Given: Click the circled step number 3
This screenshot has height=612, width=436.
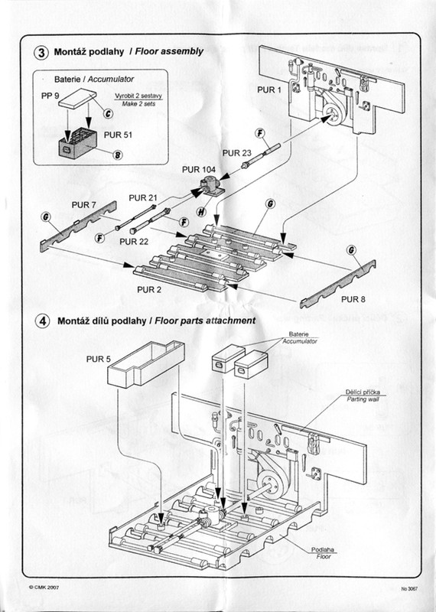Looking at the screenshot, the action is [x=41, y=52].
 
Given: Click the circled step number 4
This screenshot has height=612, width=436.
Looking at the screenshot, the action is [x=43, y=321].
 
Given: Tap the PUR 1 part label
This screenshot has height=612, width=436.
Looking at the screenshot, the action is [x=269, y=90].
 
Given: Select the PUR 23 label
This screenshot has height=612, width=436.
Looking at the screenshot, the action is [x=236, y=153].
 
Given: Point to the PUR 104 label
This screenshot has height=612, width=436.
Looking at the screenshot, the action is [x=198, y=170].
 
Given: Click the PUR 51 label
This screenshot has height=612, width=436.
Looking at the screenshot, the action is [x=118, y=135].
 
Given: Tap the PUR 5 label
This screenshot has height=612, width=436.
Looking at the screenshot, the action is [x=99, y=359].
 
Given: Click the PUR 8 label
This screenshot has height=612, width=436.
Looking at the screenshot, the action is [x=353, y=299].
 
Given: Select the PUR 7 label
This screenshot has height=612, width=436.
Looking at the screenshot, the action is [x=83, y=205].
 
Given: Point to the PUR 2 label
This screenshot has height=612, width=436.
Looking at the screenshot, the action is [x=149, y=290].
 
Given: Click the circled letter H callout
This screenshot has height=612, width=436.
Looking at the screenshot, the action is [x=201, y=212].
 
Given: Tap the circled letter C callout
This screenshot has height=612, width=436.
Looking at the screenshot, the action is [x=108, y=113].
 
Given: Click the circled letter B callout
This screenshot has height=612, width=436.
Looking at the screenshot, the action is [x=118, y=155].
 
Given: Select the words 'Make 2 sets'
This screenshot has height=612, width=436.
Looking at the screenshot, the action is [x=138, y=104].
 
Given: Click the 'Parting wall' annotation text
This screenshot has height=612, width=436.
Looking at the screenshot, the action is [x=363, y=399].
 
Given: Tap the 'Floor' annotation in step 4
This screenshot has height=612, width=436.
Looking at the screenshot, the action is [x=324, y=557].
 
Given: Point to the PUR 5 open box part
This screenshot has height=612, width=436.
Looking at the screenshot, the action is [x=145, y=364].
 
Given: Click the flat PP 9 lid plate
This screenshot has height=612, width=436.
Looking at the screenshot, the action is [x=78, y=98].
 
